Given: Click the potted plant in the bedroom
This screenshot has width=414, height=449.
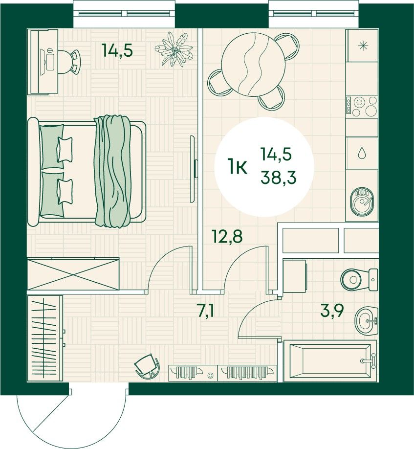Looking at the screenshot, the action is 174,49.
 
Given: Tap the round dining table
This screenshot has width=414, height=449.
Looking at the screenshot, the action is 254,65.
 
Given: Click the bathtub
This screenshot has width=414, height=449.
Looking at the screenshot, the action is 330,361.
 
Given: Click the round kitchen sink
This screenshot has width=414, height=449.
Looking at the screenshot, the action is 362,202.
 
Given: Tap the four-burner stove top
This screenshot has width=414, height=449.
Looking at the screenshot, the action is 362,106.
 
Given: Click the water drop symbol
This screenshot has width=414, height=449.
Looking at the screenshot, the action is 362,153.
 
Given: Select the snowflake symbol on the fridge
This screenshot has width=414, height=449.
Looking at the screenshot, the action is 363,46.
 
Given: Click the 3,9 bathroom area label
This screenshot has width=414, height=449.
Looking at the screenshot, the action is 332,311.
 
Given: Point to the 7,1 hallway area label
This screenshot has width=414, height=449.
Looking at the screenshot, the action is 206,312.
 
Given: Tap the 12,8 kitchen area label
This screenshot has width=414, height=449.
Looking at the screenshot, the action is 227,237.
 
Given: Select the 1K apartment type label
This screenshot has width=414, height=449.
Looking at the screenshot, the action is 237,167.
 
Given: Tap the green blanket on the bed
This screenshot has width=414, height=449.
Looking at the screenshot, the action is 112,171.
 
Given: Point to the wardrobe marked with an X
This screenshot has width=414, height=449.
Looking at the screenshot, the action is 73,274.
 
